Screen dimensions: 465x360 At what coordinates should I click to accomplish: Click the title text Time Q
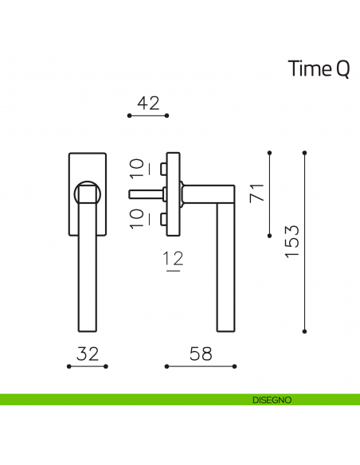318,70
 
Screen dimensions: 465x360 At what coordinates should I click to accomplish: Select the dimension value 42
148,102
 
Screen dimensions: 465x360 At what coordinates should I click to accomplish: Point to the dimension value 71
256,193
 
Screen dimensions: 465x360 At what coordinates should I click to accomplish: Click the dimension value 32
88,354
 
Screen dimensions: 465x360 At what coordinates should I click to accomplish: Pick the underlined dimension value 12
173,259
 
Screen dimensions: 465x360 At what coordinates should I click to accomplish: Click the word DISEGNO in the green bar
272,399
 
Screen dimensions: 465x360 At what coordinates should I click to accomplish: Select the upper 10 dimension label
137,168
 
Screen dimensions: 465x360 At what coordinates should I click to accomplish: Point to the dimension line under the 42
148,115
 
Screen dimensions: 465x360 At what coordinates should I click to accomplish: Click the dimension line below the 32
88,366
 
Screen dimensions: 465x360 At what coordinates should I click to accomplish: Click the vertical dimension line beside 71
270,193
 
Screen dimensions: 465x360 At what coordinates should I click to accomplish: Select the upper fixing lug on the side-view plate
162,168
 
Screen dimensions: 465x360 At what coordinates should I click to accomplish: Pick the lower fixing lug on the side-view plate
162,217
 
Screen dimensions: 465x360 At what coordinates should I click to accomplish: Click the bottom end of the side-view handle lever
225,326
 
